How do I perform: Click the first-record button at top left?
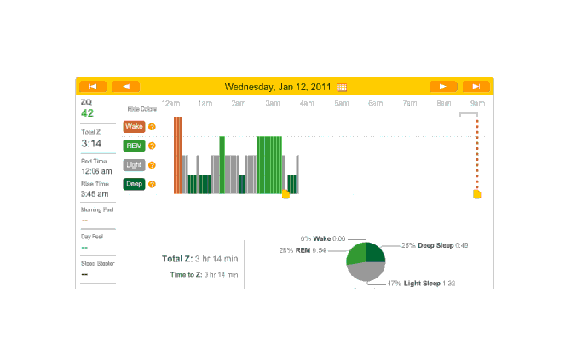(93, 86)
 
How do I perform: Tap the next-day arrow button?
(443, 86)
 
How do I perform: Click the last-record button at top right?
(476, 86)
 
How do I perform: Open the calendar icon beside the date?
(343, 87)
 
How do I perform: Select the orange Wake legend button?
(134, 126)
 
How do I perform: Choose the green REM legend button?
(134, 146)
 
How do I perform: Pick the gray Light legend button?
(134, 165)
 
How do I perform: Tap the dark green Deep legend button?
(134, 184)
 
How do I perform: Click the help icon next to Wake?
(153, 127)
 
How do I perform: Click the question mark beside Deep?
(153, 184)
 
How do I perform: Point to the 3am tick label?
(273, 104)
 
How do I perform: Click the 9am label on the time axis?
(478, 104)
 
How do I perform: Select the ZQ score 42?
(88, 113)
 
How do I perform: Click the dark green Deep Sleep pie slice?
(375, 252)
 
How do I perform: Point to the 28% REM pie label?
(300, 250)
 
